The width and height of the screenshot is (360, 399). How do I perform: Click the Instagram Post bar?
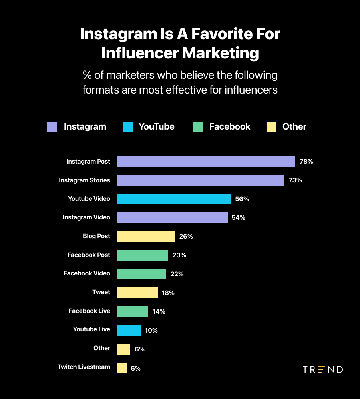pyautogui.click(x=205, y=162)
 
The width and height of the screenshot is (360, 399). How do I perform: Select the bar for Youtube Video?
pyautogui.click(x=174, y=199)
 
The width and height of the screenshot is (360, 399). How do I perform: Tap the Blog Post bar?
pyautogui.click(x=145, y=236)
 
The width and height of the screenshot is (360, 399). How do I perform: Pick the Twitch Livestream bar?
pyautogui.click(x=121, y=368)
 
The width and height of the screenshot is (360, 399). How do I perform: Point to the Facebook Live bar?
pyautogui.click(x=132, y=311)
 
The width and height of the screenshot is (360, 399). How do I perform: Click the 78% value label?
pyautogui.click(x=306, y=162)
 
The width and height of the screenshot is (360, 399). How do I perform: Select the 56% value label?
pyautogui.click(x=242, y=199)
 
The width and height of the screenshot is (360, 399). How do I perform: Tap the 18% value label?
pyautogui.click(x=168, y=293)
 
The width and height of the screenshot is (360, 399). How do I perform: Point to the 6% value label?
pyautogui.click(x=139, y=349)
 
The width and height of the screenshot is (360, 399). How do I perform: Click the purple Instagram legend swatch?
pyautogui.click(x=52, y=127)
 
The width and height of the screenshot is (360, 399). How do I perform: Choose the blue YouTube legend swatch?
pyautogui.click(x=127, y=127)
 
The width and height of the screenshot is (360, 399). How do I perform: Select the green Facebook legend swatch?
pyautogui.click(x=197, y=127)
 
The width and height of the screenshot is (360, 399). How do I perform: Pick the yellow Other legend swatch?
pyautogui.click(x=271, y=127)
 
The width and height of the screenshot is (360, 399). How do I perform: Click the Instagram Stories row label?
pyautogui.click(x=84, y=180)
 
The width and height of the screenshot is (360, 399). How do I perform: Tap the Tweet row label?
pyautogui.click(x=101, y=292)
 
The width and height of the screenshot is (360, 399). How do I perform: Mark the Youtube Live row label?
pyautogui.click(x=91, y=329)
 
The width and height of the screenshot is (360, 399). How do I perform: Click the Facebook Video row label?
pyautogui.click(x=87, y=273)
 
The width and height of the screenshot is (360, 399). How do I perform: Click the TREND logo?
pyautogui.click(x=323, y=369)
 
